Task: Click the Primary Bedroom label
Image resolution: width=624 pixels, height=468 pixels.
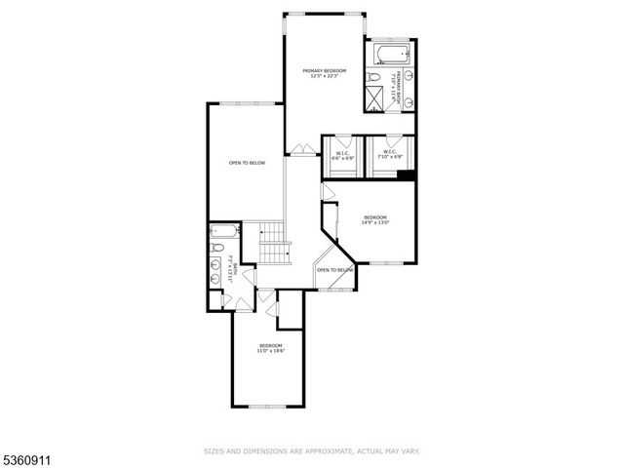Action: pos(325,73)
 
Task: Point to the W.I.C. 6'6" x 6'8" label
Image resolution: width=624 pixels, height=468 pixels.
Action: pos(342,154)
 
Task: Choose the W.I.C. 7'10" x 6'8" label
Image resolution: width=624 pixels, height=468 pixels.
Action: pos(388,154)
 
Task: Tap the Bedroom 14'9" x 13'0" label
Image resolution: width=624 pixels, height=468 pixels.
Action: pos(375,219)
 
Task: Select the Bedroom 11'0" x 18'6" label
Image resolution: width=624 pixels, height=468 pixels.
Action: pos(270,348)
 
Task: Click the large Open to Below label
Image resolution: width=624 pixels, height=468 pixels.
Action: pos(247,163)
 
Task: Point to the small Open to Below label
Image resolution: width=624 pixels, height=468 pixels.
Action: pos(333,269)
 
